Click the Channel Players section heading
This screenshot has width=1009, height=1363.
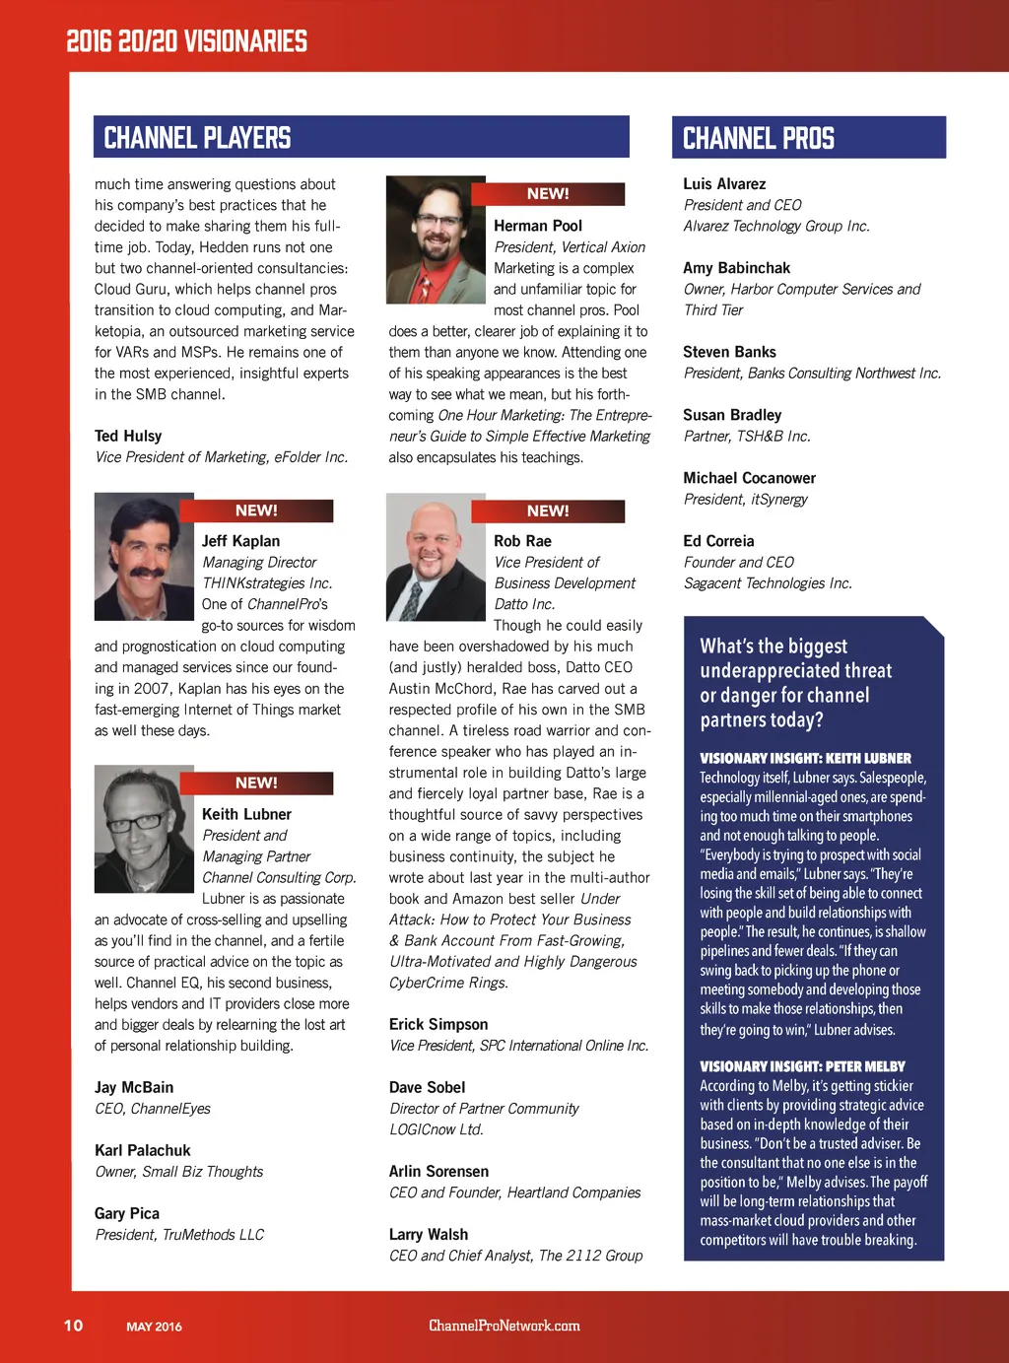[197, 138]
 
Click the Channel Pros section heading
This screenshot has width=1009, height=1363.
[759, 139]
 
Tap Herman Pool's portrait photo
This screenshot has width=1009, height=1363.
[428, 239]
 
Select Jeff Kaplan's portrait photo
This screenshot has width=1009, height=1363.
[143, 556]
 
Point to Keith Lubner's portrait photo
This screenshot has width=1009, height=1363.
[144, 829]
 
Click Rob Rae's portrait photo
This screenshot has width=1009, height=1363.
[429, 558]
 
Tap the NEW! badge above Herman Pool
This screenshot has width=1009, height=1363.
[548, 194]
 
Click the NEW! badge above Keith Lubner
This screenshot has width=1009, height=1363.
[256, 783]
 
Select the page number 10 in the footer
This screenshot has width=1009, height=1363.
[74, 1326]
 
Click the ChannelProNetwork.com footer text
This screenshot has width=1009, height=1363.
[504, 1326]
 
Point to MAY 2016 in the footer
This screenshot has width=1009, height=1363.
[154, 1327]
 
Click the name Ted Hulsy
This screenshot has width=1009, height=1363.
[128, 436]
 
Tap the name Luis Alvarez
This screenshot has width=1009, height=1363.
[724, 184]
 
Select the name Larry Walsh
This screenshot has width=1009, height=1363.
[429, 1234]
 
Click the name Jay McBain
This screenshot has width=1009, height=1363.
[134, 1087]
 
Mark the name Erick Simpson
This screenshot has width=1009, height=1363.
[438, 1024]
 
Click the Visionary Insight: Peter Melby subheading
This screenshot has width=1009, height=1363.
[802, 1066]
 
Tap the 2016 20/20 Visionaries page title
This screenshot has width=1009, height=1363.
[186, 41]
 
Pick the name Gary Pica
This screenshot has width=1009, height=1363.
[127, 1213]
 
